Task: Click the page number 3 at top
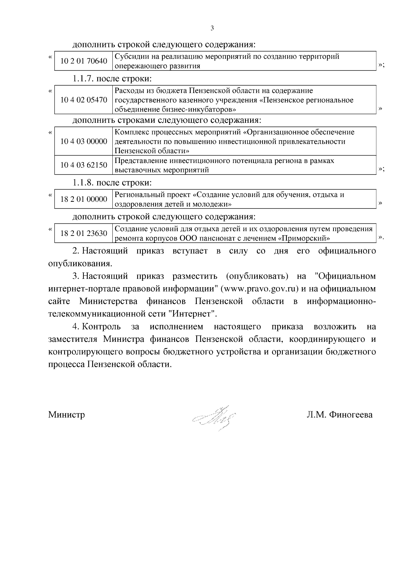point(212,28)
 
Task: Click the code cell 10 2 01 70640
point(84,61)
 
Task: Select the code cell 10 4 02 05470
point(84,100)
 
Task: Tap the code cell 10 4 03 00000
point(84,141)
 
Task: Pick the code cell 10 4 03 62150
point(84,165)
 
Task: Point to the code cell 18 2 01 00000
point(84,199)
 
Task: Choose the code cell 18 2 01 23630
point(84,233)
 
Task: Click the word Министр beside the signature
point(66,414)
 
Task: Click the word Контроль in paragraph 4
point(101,327)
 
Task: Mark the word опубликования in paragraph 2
point(80,264)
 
